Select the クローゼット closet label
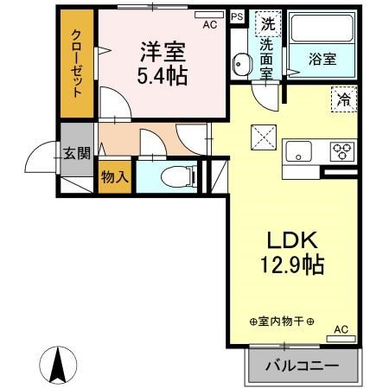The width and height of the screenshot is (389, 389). [x=77, y=62]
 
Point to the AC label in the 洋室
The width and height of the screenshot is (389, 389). [x=208, y=26]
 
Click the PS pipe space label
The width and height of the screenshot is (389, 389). [x=237, y=16]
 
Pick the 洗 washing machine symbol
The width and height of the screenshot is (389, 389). [x=269, y=25]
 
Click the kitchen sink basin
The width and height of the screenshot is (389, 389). [x=299, y=151]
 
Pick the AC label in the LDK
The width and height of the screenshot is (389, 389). [x=341, y=328]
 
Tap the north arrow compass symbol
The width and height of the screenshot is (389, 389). [x=58, y=364]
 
